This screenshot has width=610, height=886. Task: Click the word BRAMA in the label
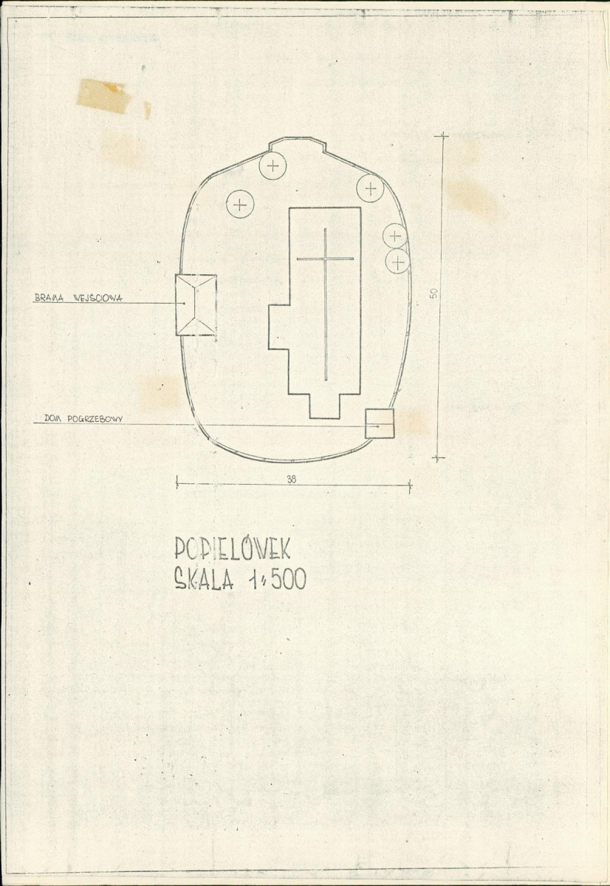(x=49, y=297)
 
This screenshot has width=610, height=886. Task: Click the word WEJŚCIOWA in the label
(x=97, y=298)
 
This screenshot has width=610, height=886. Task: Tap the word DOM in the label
(x=52, y=419)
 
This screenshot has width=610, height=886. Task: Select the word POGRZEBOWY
(x=95, y=419)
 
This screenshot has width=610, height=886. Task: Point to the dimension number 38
(x=292, y=479)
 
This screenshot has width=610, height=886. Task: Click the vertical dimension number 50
(x=433, y=293)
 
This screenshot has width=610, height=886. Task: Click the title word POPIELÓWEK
(x=232, y=548)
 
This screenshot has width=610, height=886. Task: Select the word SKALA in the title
(x=204, y=579)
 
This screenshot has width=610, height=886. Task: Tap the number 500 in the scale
(x=289, y=579)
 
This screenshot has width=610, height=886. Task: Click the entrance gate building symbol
(x=196, y=305)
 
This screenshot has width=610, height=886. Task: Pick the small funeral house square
(x=380, y=423)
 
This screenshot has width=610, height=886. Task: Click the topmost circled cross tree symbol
(x=273, y=166)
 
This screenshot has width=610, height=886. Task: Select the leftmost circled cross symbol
(x=240, y=204)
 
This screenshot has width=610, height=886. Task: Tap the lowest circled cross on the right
(x=397, y=262)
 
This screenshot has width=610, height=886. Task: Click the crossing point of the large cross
(x=326, y=259)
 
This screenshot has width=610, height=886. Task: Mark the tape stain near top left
(x=104, y=96)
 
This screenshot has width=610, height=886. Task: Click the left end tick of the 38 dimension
(x=177, y=482)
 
